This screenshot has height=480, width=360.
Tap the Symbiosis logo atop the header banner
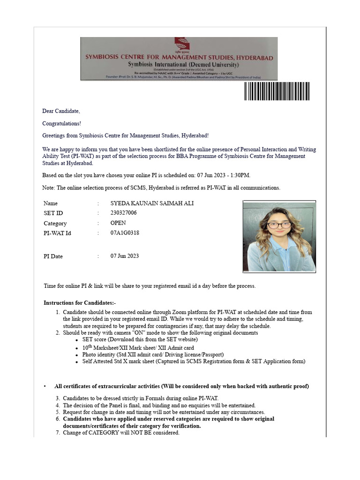tap(179, 45)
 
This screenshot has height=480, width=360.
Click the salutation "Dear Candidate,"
tap(61, 111)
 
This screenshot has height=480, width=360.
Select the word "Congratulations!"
tap(61, 124)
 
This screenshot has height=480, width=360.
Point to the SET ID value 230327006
tap(124, 213)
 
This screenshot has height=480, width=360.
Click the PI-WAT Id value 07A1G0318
tap(125, 233)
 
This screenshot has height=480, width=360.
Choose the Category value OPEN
tap(118, 223)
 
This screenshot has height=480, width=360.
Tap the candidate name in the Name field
tap(152, 203)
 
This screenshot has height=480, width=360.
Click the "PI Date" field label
tap(53, 256)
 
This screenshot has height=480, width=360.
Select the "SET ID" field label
tap(53, 213)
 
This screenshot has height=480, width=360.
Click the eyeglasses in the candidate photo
tap(279, 225)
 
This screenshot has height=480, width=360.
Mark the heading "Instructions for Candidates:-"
tap(80, 303)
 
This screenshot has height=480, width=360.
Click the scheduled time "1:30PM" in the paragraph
tap(240, 175)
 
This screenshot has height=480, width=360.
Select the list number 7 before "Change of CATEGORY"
tap(58, 433)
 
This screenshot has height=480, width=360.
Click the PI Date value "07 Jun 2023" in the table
tap(125, 256)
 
